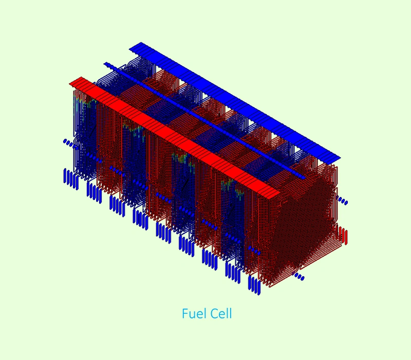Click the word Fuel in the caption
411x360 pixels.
click(x=193, y=313)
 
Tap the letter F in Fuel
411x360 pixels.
click(x=185, y=313)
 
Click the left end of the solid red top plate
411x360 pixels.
click(x=70, y=83)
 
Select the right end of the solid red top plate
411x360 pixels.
click(x=279, y=193)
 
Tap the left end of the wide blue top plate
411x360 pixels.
click(x=129, y=48)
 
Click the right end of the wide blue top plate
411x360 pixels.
click(x=340, y=158)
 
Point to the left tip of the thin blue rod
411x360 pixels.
click(x=104, y=63)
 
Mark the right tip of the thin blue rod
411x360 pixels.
click(x=305, y=177)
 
